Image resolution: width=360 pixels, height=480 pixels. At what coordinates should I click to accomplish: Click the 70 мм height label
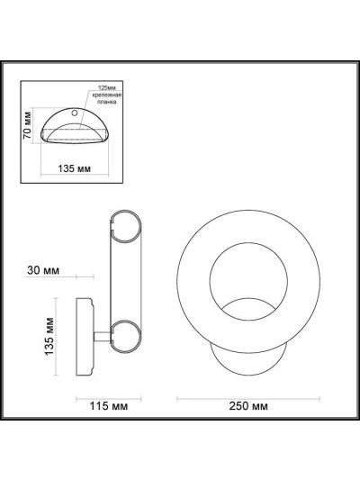(x=27, y=125)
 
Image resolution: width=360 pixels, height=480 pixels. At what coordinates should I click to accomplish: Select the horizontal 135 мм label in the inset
(x=75, y=168)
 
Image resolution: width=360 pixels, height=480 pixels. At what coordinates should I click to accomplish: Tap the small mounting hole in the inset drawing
(x=75, y=113)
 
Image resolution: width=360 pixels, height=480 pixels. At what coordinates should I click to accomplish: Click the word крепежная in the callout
(x=107, y=95)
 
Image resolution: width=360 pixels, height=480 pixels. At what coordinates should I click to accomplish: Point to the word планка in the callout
(x=107, y=102)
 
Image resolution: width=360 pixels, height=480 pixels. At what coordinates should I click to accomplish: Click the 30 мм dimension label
(x=43, y=270)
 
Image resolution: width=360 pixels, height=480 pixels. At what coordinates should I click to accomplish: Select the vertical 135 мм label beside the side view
(x=49, y=337)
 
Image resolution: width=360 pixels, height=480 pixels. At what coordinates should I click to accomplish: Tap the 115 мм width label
(x=108, y=406)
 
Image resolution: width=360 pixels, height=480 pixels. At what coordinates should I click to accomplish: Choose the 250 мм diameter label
(x=248, y=406)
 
